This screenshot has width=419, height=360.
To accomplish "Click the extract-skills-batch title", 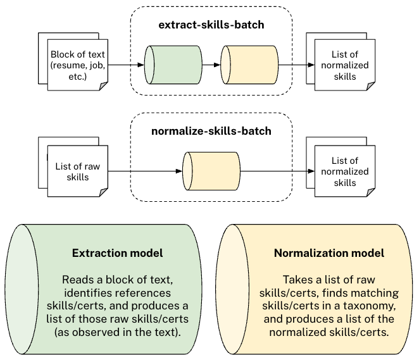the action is tap(211, 25).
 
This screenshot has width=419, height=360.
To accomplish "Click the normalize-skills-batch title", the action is tap(211, 131).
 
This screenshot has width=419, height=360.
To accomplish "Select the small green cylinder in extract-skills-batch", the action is tap(173, 65).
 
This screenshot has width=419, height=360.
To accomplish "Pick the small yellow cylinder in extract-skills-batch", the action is tap(249, 65).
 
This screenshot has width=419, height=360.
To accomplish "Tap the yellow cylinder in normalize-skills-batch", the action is tap(211, 171).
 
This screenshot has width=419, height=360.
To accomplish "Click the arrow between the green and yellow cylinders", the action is tap(211, 65).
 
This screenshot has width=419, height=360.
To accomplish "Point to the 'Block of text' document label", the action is tap(78, 65).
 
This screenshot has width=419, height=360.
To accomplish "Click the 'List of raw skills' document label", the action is tap(78, 171).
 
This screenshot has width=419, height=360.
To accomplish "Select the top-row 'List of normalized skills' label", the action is tap(345, 65).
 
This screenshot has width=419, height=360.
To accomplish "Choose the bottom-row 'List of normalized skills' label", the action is tap(345, 171).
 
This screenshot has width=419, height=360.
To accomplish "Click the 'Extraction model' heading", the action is tap(117, 253).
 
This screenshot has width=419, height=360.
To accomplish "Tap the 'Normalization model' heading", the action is tap(329, 253).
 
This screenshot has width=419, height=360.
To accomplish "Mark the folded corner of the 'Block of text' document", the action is tap(104, 86).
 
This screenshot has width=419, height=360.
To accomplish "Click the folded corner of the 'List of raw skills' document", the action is tap(104, 192).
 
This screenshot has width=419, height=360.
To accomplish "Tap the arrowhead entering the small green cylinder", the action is tap(141, 65).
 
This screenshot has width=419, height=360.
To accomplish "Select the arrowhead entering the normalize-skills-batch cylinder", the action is tap(179, 171).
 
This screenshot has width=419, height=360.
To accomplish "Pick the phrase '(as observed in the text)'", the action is tap(117, 332).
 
